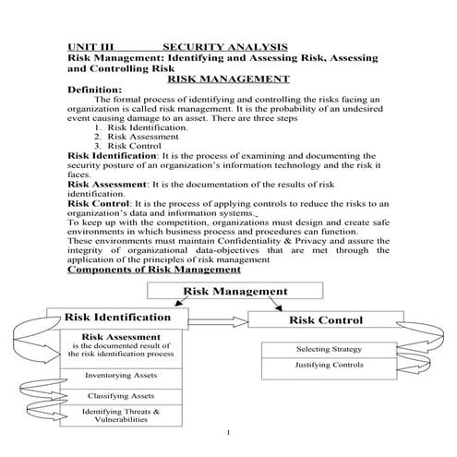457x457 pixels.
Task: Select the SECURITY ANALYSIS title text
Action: (x=225, y=46)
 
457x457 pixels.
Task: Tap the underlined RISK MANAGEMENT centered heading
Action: (x=228, y=78)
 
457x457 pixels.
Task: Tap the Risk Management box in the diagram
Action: (x=235, y=292)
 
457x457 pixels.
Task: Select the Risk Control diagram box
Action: (x=326, y=320)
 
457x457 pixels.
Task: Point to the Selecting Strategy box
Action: (x=329, y=350)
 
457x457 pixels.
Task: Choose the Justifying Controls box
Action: (x=329, y=365)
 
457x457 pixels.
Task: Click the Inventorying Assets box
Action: (x=121, y=376)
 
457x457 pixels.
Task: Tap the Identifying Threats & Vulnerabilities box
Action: (x=121, y=415)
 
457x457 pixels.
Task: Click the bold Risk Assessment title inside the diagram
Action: (x=121, y=337)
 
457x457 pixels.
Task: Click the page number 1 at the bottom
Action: (x=227, y=433)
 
